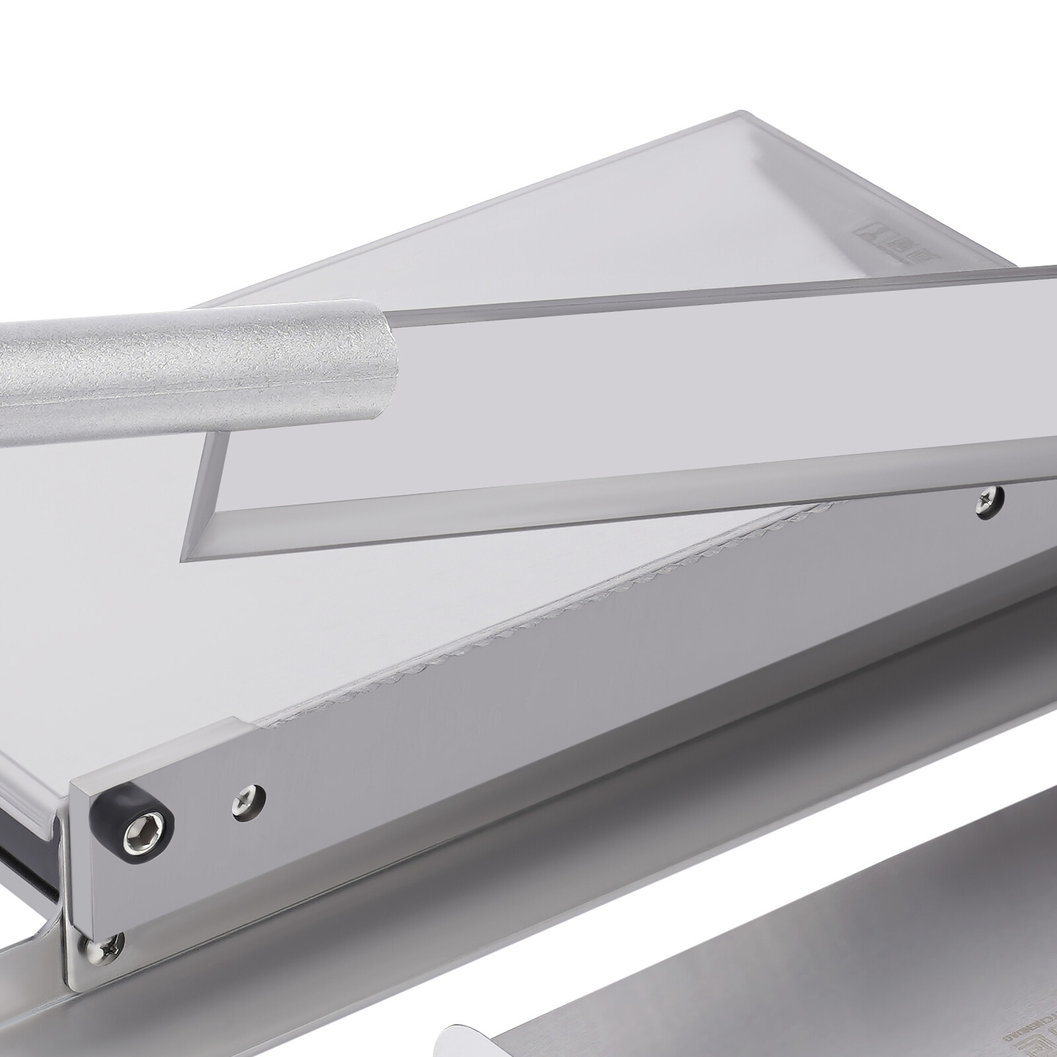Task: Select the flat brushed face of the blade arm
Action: tap(528, 727)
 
